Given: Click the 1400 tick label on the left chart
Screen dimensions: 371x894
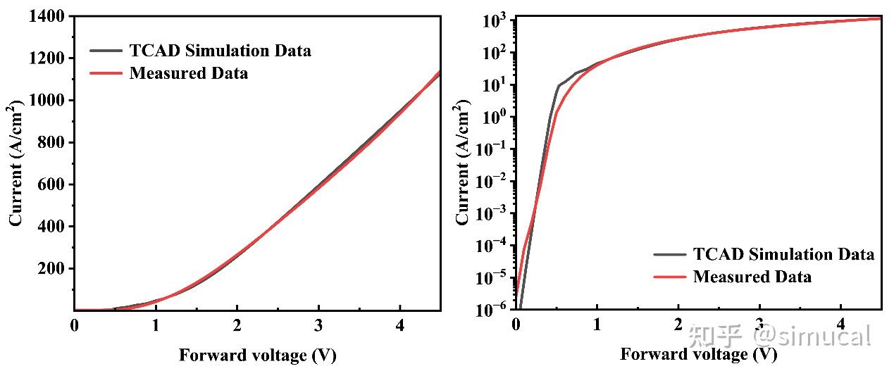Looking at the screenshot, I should tap(47, 16).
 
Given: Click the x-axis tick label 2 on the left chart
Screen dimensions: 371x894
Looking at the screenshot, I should tap(237, 327).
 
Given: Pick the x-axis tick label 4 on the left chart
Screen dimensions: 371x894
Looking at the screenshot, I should tap(400, 327).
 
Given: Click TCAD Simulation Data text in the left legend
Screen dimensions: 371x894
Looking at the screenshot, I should tap(220, 51).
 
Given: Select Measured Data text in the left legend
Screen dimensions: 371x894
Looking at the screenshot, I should tap(189, 73).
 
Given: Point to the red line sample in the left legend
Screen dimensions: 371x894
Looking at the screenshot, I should tap(106, 73).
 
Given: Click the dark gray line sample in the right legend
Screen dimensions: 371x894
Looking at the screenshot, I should tap(669, 255).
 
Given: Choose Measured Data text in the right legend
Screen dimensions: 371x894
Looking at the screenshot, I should tap(752, 277).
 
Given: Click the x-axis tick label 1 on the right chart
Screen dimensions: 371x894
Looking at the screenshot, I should tap(597, 325).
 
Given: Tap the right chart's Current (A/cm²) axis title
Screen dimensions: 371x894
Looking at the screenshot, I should tap(464, 163).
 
